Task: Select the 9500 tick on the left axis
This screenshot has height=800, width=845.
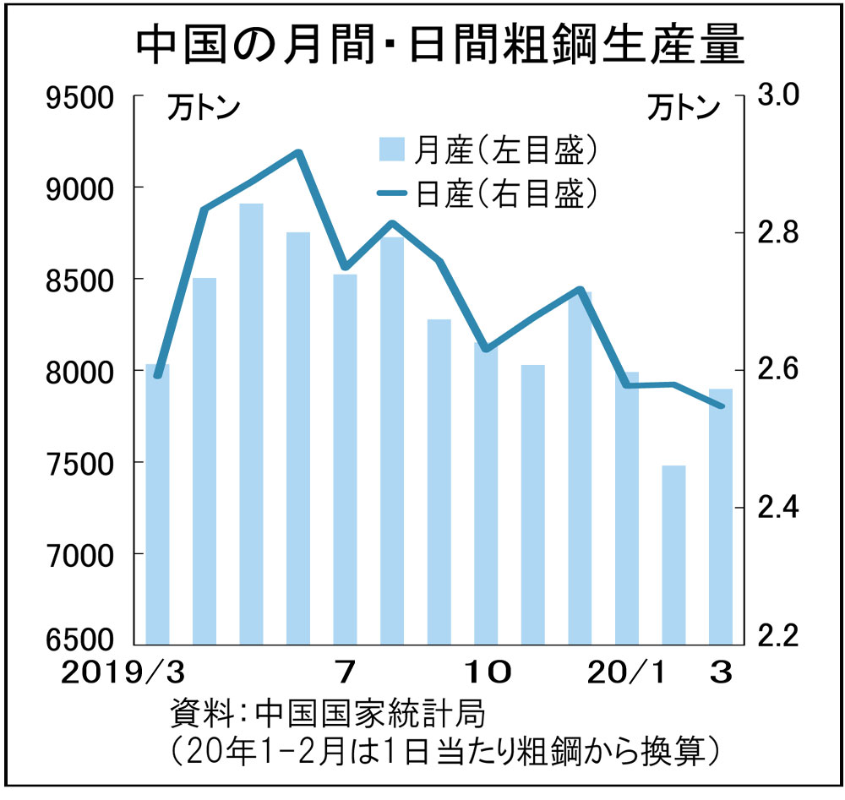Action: (x=81, y=98)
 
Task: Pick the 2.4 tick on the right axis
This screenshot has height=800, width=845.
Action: (x=779, y=508)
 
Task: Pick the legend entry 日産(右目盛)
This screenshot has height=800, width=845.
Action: (x=490, y=193)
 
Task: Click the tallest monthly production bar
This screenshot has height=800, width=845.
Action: (x=251, y=422)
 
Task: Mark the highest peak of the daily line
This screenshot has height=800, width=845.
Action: (x=298, y=152)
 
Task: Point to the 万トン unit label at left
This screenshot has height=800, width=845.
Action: (x=201, y=109)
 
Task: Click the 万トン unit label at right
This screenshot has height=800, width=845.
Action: (x=684, y=109)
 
